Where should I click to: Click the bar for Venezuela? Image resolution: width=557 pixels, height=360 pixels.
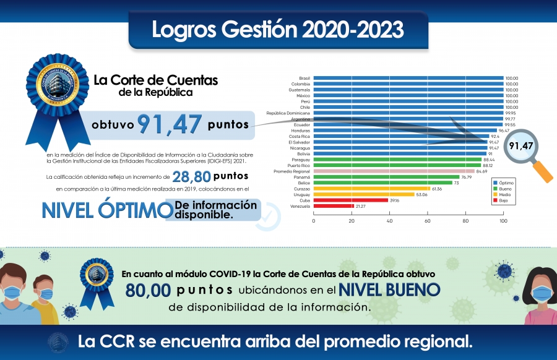(x=334, y=206)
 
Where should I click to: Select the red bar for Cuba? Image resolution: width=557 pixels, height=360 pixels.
(x=351, y=200)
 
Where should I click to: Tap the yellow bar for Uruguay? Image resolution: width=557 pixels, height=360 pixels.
(x=364, y=194)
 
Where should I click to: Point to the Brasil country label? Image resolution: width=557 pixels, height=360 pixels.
(x=304, y=79)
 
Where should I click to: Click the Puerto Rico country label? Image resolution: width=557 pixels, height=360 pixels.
(x=299, y=165)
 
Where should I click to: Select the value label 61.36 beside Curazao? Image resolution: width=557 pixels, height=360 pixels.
(x=438, y=189)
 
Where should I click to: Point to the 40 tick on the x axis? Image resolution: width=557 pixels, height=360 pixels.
(x=390, y=221)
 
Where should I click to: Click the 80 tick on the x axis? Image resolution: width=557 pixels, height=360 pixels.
(x=465, y=221)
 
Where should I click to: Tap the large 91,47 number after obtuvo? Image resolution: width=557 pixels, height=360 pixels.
(x=170, y=124)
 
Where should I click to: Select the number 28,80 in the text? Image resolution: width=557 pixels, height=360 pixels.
(x=189, y=176)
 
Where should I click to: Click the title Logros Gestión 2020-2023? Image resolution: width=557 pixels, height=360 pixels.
(x=278, y=29)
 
